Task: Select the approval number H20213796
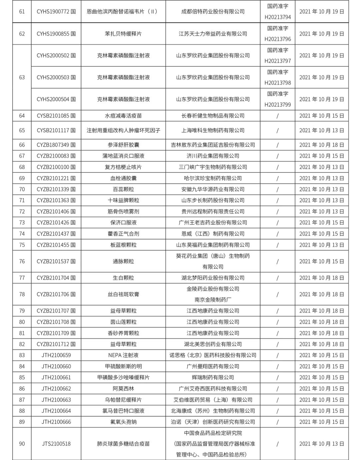coord(278,39)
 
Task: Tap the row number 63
coord(22,77)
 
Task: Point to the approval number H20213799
coord(278,105)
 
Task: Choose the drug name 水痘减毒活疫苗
coord(123,116)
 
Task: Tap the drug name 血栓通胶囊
coord(123,178)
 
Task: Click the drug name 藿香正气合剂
coord(123,234)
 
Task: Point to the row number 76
coord(22,261)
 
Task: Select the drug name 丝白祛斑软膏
coord(123,294)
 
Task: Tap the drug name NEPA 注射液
coord(123,355)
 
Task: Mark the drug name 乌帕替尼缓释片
coord(123,400)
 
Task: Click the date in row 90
coord(322,444)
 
